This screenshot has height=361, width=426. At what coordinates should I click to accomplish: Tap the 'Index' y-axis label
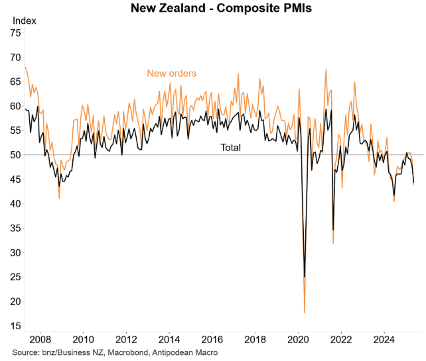tap(25, 21)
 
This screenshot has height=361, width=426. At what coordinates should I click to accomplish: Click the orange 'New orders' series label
tap(171, 74)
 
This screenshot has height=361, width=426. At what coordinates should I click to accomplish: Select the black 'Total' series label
tap(230, 148)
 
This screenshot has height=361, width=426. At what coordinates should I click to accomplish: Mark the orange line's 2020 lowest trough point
tap(305, 312)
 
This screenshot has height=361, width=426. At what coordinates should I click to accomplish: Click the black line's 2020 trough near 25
tap(305, 276)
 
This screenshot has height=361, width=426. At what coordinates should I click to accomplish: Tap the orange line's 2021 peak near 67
tap(326, 70)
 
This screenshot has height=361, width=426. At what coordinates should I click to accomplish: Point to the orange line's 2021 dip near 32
tap(333, 243)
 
